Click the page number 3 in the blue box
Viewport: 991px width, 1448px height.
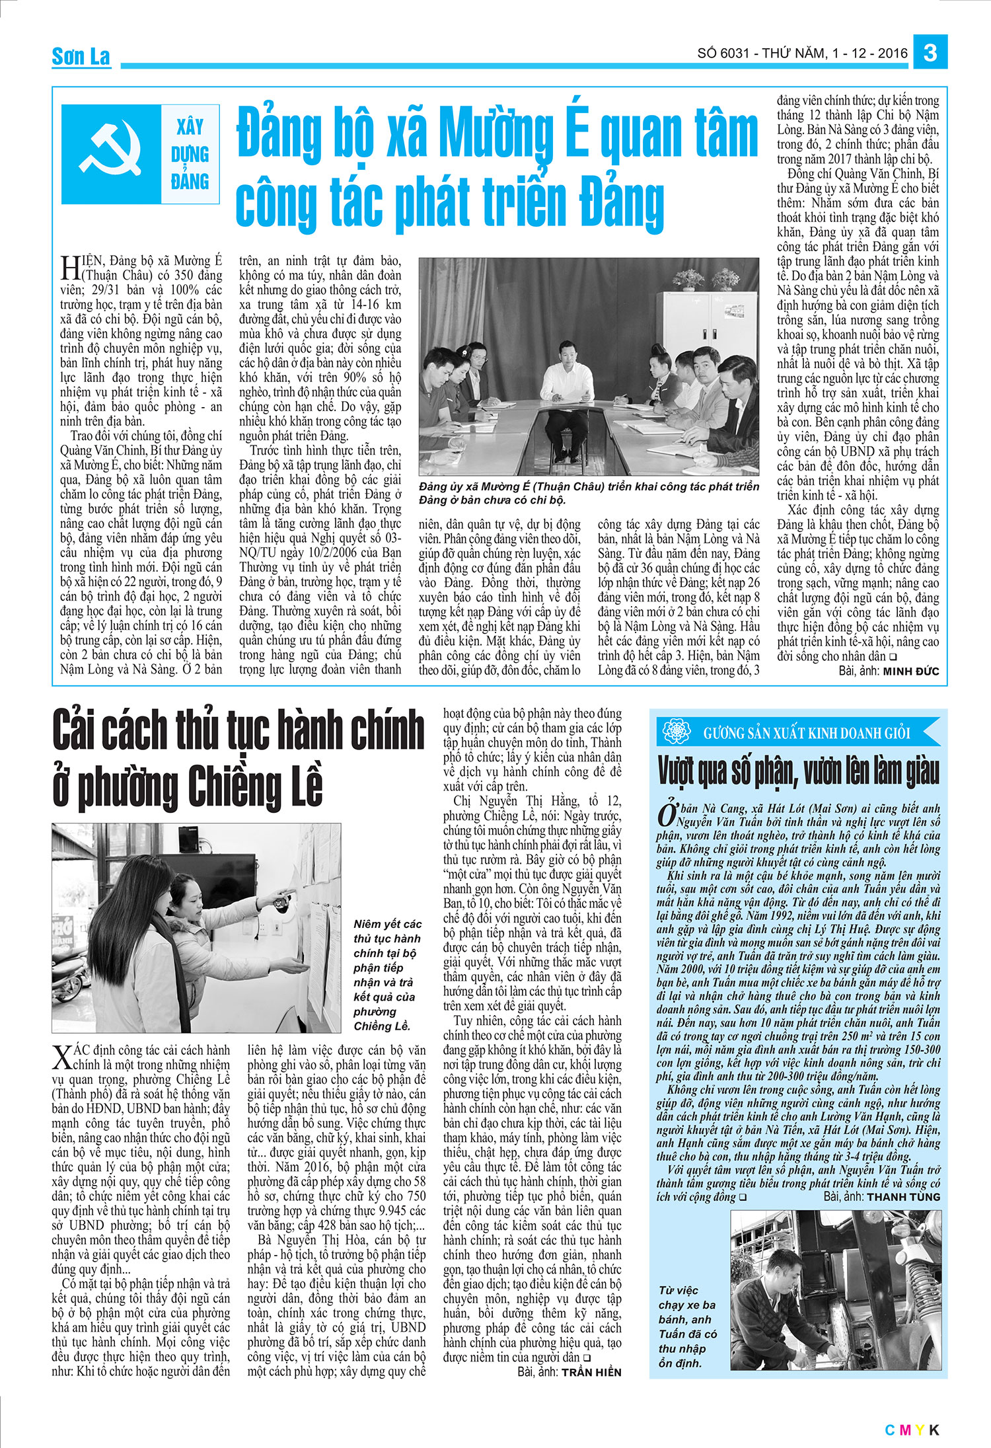pyautogui.click(x=930, y=52)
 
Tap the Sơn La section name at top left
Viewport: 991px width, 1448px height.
pyautogui.click(x=81, y=57)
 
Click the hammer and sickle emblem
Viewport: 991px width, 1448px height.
pyautogui.click(x=112, y=153)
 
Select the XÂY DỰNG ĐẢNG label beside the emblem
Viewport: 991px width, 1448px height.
pyautogui.click(x=190, y=154)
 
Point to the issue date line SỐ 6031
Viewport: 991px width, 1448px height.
pyautogui.click(x=802, y=53)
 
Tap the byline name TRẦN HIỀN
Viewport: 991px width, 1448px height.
pyautogui.click(x=591, y=1372)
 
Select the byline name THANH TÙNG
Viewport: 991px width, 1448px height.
pyautogui.click(x=903, y=1197)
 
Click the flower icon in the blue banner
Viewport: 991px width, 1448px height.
pyautogui.click(x=676, y=732)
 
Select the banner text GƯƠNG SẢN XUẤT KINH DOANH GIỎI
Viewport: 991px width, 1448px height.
pyautogui.click(x=807, y=733)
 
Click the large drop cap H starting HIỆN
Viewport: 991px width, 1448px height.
pyautogui.click(x=70, y=267)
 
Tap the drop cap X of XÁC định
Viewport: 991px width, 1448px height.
pyautogui.click(x=61, y=1057)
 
